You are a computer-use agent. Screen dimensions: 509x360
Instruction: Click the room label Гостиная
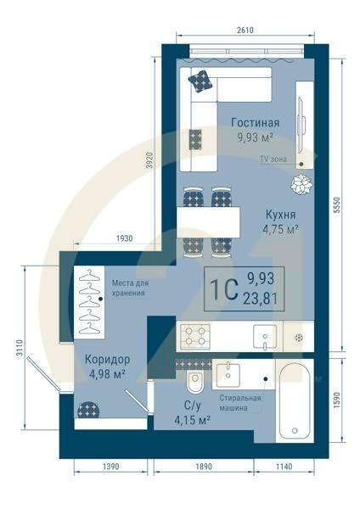click(x=255, y=122)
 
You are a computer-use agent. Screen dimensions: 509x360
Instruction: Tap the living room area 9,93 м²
click(x=255, y=137)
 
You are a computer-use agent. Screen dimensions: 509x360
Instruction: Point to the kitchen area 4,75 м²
click(x=280, y=229)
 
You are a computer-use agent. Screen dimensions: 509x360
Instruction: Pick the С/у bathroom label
click(x=192, y=406)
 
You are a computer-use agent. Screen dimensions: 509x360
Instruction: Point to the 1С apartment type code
click(x=223, y=288)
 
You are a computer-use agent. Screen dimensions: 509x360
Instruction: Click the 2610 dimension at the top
click(x=245, y=29)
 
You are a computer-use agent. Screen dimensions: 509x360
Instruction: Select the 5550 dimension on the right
click(x=337, y=204)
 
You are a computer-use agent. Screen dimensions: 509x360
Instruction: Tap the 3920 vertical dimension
click(x=149, y=161)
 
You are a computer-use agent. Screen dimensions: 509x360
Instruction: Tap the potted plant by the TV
click(x=301, y=183)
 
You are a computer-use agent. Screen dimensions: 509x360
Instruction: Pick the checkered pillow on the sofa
click(x=200, y=81)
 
